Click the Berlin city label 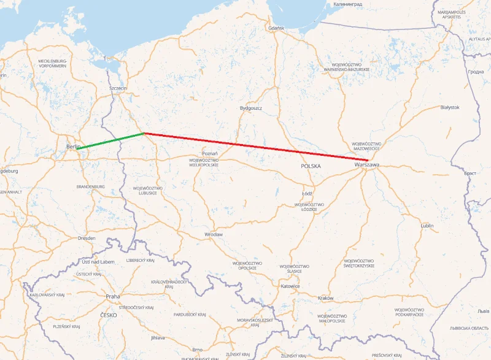point(72,147)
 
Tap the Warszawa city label point(366,164)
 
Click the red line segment point(255,147)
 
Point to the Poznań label point(210,153)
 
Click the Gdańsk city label point(276,28)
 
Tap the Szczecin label point(118,88)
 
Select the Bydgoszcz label point(251,108)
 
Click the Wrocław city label point(214,234)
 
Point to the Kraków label point(326,298)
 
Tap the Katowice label point(290,286)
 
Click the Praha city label point(113,296)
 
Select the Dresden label point(87,237)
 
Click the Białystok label point(450,107)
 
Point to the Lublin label point(427,226)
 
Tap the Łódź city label point(307,194)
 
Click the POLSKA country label point(311,166)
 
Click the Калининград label point(348,4)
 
